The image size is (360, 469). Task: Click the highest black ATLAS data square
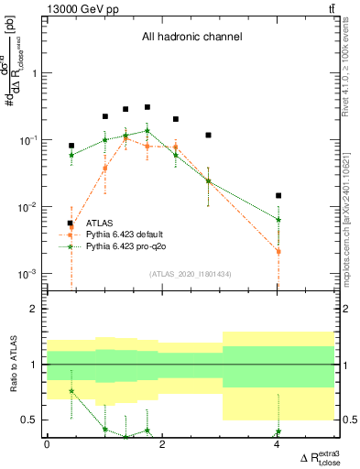click(x=147, y=107)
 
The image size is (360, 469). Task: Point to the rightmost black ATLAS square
click(x=278, y=195)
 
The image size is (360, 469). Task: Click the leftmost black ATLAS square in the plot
click(x=71, y=146)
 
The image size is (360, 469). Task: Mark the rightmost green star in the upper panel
click(x=278, y=220)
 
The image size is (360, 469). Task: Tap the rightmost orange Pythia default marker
click(x=278, y=251)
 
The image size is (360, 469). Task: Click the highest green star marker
click(x=147, y=131)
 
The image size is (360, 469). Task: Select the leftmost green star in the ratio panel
click(x=71, y=391)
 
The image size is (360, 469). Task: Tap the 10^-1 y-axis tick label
click(x=30, y=140)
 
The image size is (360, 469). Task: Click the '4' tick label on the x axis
click(x=278, y=444)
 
